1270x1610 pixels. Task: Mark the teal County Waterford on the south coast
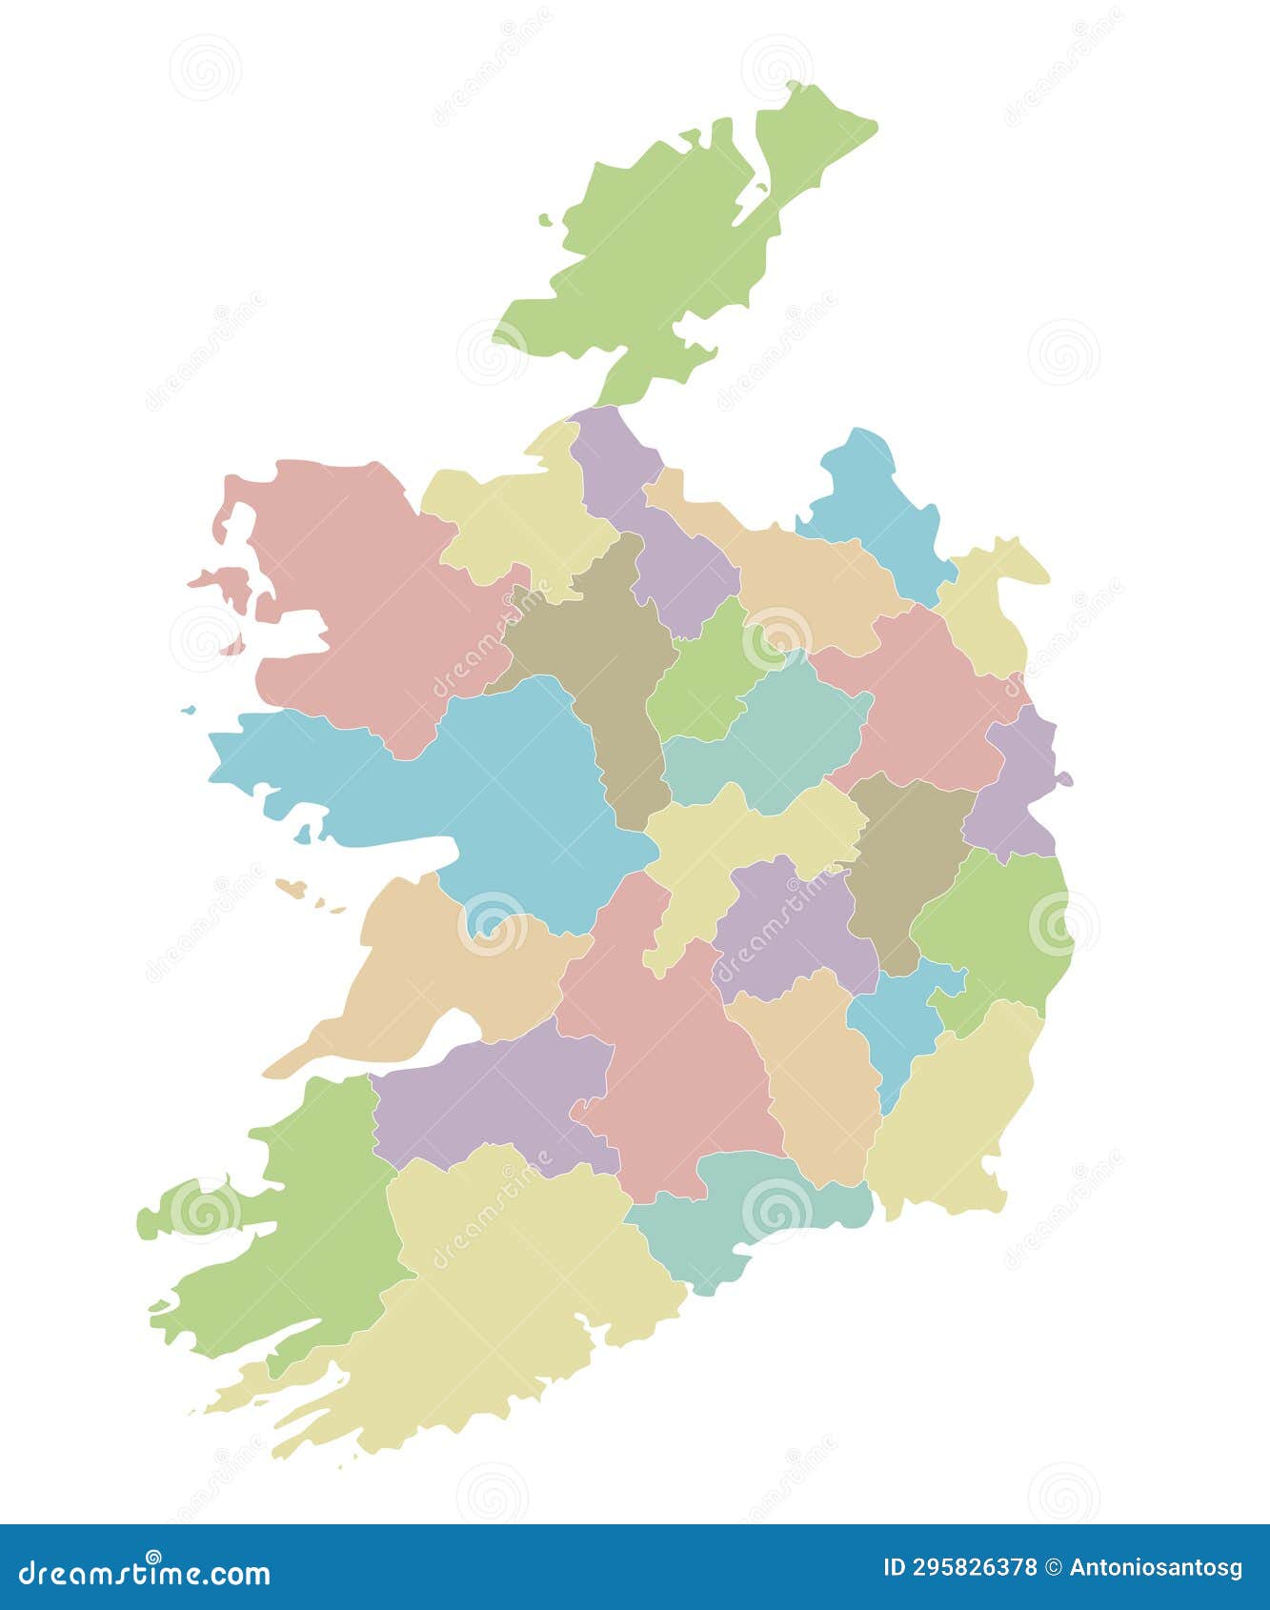(x=753, y=1219)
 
